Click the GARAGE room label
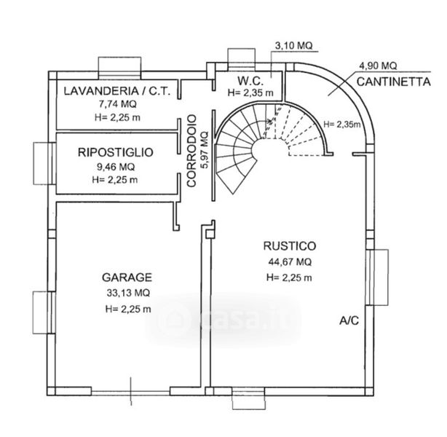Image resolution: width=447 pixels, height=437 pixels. pos(127,277)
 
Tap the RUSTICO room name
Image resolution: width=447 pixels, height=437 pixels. pos(289,245)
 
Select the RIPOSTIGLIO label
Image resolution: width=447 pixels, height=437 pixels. pos(116,153)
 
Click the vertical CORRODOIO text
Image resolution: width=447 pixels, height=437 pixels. pos(191,151)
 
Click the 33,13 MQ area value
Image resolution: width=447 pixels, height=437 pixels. pos(127,293)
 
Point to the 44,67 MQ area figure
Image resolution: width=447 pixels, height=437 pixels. pos(289,261)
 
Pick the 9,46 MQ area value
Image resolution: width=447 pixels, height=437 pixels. pos(116,167)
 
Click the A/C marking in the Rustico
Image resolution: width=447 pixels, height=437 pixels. pos(350,320)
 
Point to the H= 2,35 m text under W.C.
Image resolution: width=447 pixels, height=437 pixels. pos(250,92)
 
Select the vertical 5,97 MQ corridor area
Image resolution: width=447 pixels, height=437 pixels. pos(204,149)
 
